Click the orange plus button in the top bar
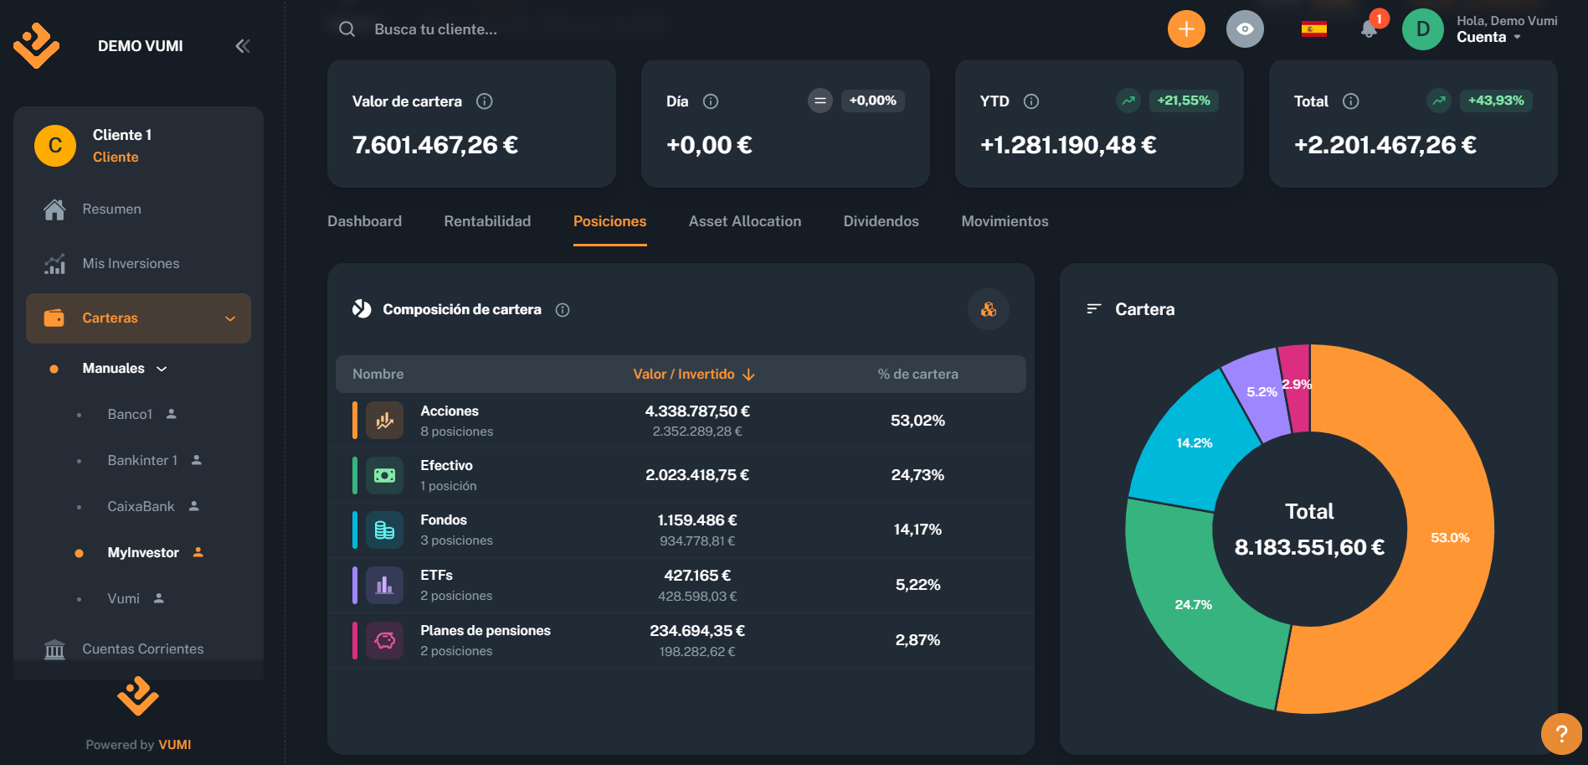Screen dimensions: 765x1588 point(1186,29)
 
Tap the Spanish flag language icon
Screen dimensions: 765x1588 point(1313,29)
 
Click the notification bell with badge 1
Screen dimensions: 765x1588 point(1370,29)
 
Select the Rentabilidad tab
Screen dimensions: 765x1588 point(487,221)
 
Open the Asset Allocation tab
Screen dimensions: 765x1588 point(744,221)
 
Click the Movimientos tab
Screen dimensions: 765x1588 point(1005,221)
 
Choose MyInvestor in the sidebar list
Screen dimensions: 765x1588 point(143,552)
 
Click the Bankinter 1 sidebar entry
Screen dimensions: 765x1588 point(142,460)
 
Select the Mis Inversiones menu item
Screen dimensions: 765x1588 point(131,263)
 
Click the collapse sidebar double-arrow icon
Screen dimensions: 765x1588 point(243,46)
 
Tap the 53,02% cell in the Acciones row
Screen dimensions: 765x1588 point(917,421)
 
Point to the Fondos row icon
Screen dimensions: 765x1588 point(384,530)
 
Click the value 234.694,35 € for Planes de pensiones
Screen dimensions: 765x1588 point(696,631)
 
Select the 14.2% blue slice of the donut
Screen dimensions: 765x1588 point(1194,442)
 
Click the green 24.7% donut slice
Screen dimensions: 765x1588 point(1194,604)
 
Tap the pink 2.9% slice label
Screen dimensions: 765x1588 point(1297,385)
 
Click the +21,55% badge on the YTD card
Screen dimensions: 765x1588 point(1183,101)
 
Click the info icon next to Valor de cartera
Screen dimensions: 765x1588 point(485,101)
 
